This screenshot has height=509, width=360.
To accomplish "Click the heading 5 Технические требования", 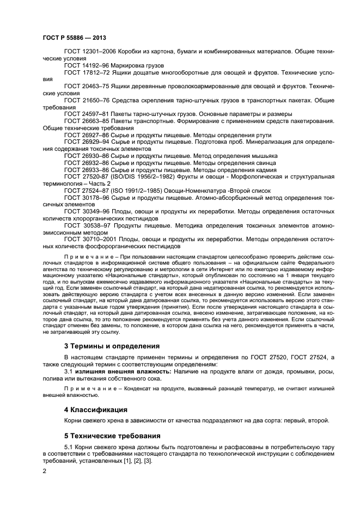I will (112, 436).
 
